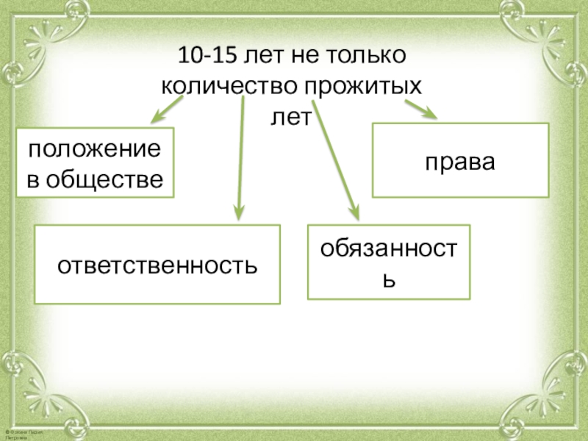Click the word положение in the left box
point(95,148)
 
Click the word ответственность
point(158,264)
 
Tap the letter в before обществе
point(32,177)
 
